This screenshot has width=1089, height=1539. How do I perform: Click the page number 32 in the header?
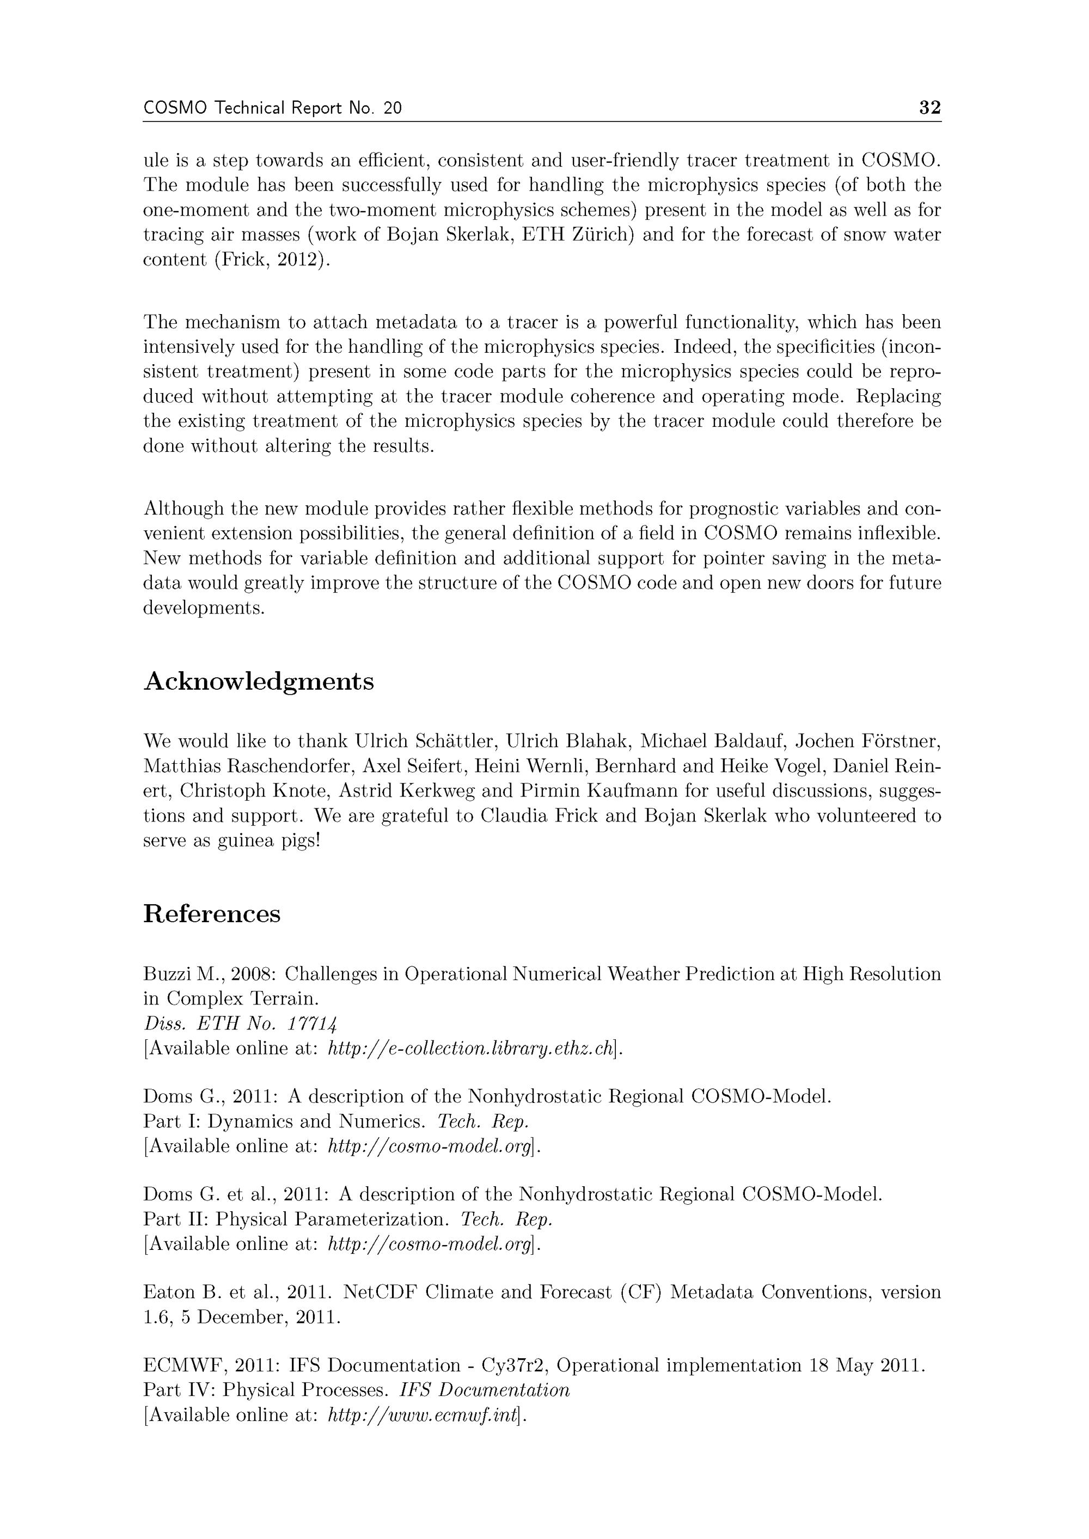[929, 108]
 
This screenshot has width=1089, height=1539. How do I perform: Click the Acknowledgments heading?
[259, 682]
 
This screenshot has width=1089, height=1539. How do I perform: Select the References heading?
[212, 913]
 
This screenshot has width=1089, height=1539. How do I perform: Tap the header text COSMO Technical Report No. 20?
[272, 108]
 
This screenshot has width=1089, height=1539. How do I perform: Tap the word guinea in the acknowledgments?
[246, 841]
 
